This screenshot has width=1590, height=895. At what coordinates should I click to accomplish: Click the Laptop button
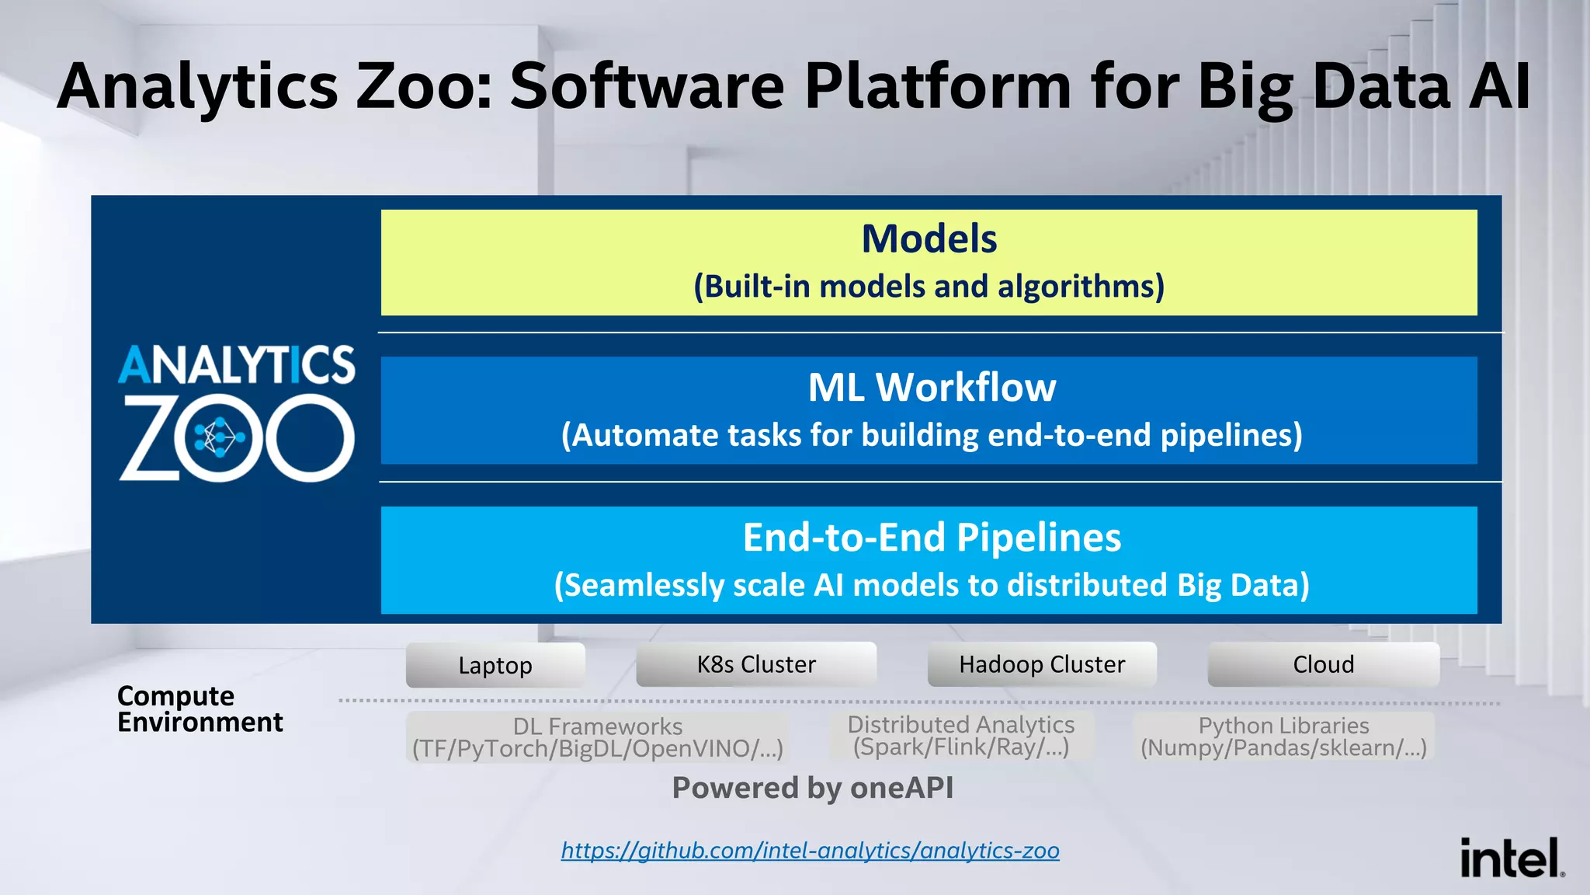click(x=495, y=665)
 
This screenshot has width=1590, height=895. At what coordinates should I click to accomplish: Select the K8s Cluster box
click(x=756, y=664)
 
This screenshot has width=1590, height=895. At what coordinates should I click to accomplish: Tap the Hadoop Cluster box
click(x=1042, y=664)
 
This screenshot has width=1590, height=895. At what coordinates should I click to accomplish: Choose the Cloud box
click(x=1323, y=664)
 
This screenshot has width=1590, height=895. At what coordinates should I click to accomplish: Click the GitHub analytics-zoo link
click(x=810, y=850)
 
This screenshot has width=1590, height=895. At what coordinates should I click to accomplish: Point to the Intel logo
click(x=1511, y=858)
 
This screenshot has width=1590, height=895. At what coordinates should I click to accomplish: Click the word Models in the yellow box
click(x=929, y=239)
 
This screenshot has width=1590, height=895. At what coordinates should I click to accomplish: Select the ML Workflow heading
click(x=931, y=387)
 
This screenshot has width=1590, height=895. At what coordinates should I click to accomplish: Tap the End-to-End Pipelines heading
click(x=931, y=537)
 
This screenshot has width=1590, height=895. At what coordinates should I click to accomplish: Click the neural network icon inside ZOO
click(x=219, y=438)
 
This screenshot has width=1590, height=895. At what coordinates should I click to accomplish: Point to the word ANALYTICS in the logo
click(x=236, y=365)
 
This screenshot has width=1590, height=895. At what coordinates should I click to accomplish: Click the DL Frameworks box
click(x=597, y=737)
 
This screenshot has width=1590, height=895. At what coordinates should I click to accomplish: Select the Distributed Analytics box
click(x=960, y=735)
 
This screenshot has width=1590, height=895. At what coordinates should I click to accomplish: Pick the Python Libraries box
click(x=1283, y=736)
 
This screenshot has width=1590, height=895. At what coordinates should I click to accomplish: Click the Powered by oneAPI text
click(x=812, y=788)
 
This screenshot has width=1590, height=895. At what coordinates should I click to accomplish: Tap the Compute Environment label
click(x=200, y=709)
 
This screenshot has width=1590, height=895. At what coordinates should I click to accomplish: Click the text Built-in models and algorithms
click(x=929, y=286)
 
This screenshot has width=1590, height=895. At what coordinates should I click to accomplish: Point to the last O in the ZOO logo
click(x=310, y=438)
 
